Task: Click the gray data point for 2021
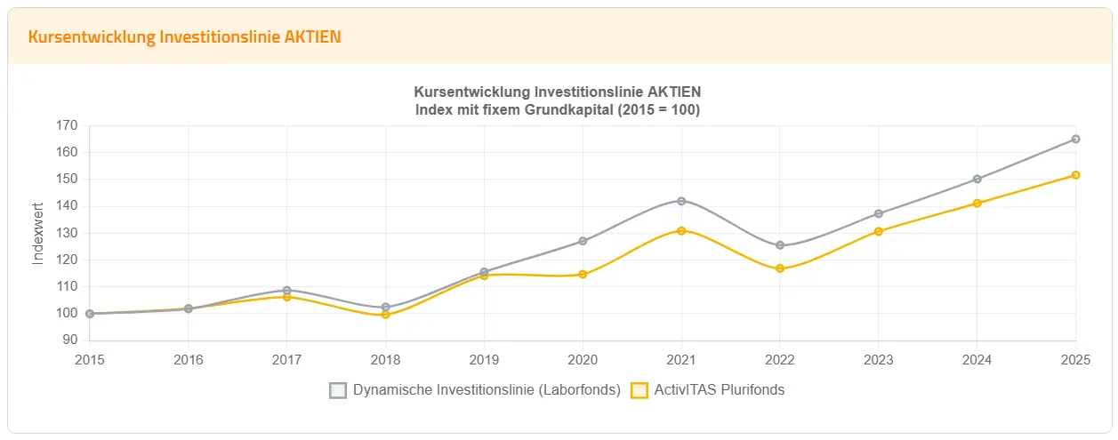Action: click(x=681, y=201)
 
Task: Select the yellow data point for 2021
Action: click(x=681, y=230)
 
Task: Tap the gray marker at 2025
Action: click(x=1075, y=139)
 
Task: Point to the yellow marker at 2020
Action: click(x=583, y=274)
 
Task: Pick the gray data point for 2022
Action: click(x=780, y=245)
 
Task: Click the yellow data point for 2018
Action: click(x=385, y=315)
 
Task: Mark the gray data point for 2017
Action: click(x=286, y=290)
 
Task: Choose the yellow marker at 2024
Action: click(x=977, y=203)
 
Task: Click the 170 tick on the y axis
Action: click(x=67, y=125)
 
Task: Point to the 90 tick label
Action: click(x=70, y=340)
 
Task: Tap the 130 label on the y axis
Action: click(x=67, y=233)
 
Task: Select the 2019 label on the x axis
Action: click(x=484, y=360)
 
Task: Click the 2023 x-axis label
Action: click(x=878, y=360)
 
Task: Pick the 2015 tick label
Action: click(x=89, y=360)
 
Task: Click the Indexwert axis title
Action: click(x=38, y=233)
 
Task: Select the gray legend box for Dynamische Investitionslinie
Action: click(x=338, y=390)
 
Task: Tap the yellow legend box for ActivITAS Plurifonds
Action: click(x=639, y=390)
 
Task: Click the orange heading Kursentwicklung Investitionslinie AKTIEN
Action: click(x=184, y=36)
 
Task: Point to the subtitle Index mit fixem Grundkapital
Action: click(x=558, y=110)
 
